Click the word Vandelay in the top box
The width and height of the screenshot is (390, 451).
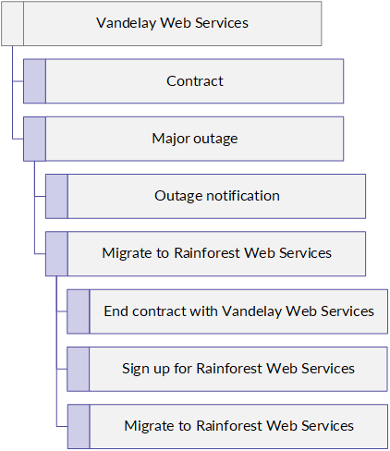(x=126, y=23)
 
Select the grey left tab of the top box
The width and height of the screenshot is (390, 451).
(x=13, y=24)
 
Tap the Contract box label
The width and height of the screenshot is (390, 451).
(x=195, y=81)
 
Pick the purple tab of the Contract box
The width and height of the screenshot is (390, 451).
(x=35, y=81)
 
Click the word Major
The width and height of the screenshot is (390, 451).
(x=170, y=139)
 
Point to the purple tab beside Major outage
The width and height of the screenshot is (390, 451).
(x=35, y=139)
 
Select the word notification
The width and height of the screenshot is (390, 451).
(x=243, y=196)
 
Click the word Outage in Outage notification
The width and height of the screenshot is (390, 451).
(x=178, y=197)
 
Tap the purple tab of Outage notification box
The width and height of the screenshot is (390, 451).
(x=56, y=196)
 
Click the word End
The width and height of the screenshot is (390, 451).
(x=116, y=311)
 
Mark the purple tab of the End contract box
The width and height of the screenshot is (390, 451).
(x=79, y=311)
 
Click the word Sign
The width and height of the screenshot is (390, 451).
(x=136, y=369)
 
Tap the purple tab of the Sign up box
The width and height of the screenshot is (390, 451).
(x=79, y=369)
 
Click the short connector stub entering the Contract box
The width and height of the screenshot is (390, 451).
(x=18, y=81)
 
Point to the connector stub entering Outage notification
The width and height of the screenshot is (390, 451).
(x=40, y=196)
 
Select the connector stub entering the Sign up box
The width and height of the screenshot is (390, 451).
(x=62, y=369)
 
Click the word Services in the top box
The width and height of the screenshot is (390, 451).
(x=222, y=23)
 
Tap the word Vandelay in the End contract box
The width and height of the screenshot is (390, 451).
(x=251, y=311)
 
